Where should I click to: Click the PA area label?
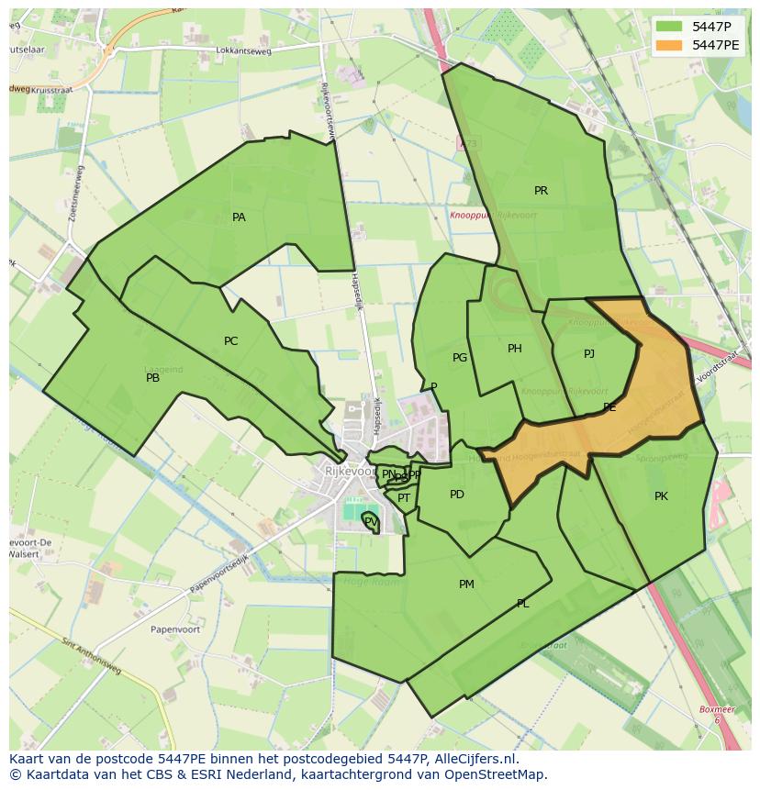[x=239, y=217]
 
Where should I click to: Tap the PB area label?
[x=153, y=378]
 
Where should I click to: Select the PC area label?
[x=230, y=341]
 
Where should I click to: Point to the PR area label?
[x=541, y=191]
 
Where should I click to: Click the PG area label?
[x=460, y=358]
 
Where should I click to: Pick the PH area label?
[x=515, y=349]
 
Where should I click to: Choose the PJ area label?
[x=589, y=354]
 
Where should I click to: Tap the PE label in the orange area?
[x=609, y=407]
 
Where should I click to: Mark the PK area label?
[x=661, y=496]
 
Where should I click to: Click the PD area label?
[x=457, y=495]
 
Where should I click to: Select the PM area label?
[x=466, y=584]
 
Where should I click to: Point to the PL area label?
[x=523, y=604]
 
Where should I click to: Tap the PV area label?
[x=370, y=521]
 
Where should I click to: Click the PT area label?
[x=404, y=498]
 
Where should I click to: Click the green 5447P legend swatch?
[x=670, y=27]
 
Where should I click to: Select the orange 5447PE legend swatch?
[x=670, y=45]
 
